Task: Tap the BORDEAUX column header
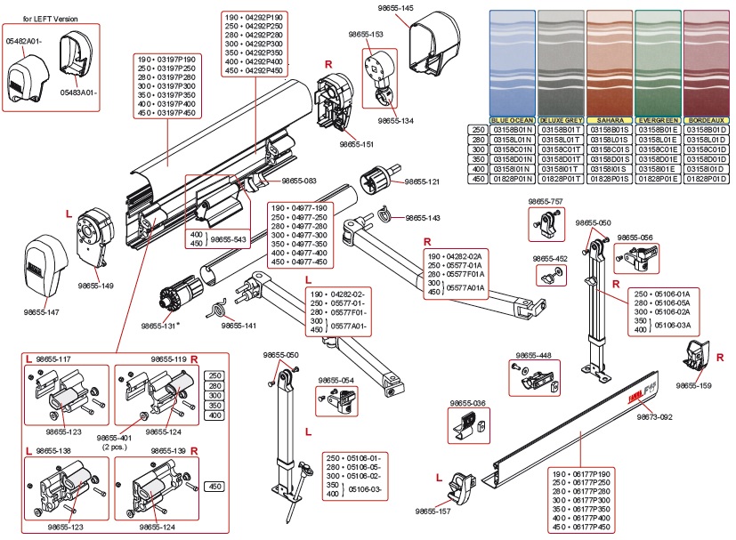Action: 706,119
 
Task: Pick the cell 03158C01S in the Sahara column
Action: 610,149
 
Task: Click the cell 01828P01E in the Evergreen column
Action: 658,178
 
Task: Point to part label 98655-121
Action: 422,181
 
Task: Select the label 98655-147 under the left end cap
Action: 42,312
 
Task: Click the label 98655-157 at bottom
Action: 433,512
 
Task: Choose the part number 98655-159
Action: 693,385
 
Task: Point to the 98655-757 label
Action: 546,202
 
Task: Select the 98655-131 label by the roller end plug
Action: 159,326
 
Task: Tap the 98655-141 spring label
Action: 239,326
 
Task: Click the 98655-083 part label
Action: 299,181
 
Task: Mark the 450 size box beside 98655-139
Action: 214,487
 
